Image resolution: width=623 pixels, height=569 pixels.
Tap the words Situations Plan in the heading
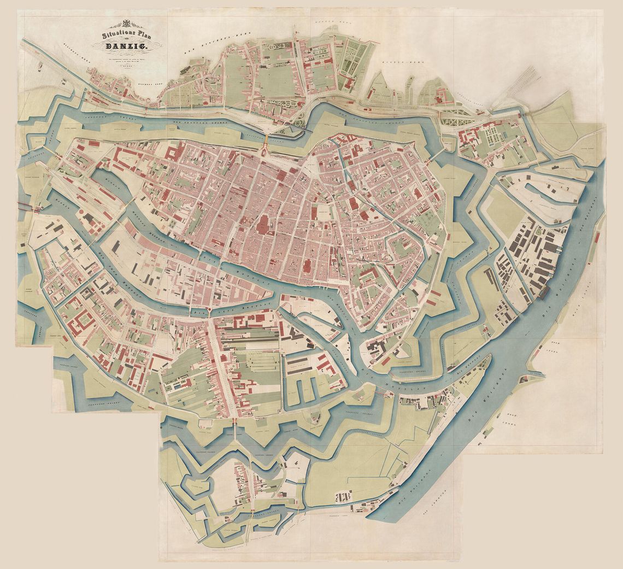click(x=122, y=35)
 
